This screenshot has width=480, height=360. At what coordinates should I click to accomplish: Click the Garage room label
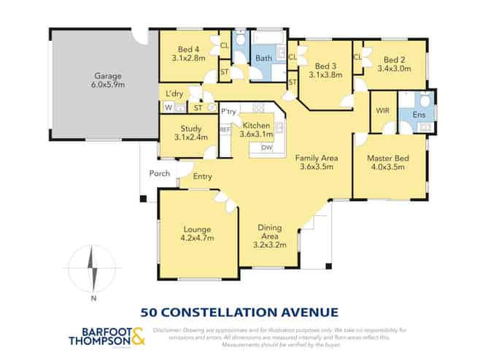(x=107, y=75)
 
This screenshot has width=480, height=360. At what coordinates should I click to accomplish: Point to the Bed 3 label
(x=325, y=64)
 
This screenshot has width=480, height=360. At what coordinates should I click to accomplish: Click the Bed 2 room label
(x=394, y=59)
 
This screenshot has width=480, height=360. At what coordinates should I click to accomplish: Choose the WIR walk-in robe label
(x=382, y=111)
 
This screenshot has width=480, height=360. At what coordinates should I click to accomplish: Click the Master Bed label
(x=387, y=158)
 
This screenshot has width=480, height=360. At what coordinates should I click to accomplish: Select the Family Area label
(x=314, y=158)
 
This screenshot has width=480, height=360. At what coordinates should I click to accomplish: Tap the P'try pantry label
(x=228, y=112)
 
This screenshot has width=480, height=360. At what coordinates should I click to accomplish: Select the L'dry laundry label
(x=174, y=94)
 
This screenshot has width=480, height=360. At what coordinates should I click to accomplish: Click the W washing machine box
(x=169, y=108)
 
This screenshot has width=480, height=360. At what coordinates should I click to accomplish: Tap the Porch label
(x=159, y=174)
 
